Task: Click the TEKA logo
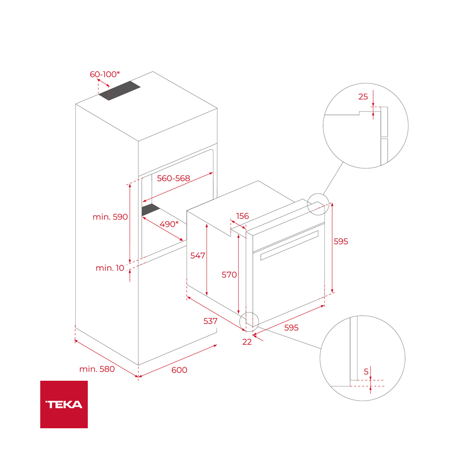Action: coord(64,404)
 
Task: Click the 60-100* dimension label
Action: coord(104,74)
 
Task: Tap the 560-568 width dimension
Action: coord(173,178)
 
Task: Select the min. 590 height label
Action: coord(110,217)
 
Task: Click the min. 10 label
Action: coord(110,268)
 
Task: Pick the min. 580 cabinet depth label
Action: coord(97,369)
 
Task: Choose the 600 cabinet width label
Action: coord(179,370)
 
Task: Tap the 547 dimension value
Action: coord(197,255)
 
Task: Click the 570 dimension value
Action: coord(229,275)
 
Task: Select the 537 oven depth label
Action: coord(210,321)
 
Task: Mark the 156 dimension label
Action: coord(243,216)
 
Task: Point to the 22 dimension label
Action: coord(247,341)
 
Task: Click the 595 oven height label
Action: coord(340,241)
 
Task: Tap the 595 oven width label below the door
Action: coord(291,327)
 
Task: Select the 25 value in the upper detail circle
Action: coord(363,97)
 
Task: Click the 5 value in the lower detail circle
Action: coord(366,372)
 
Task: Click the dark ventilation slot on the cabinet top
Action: coord(120,91)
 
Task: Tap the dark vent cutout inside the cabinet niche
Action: coord(150,210)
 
